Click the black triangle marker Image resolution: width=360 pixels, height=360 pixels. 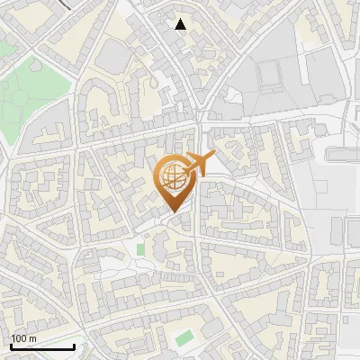(x=181, y=24)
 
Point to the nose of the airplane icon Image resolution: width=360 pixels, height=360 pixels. (x=214, y=157)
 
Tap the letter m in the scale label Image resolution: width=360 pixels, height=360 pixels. (x=32, y=338)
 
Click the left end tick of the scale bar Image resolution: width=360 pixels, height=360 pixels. (x=11, y=346)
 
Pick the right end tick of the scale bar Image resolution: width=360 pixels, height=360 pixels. (x=74, y=346)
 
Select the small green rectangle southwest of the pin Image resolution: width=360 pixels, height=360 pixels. (x=139, y=247)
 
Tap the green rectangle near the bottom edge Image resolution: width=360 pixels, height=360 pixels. (x=184, y=338)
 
